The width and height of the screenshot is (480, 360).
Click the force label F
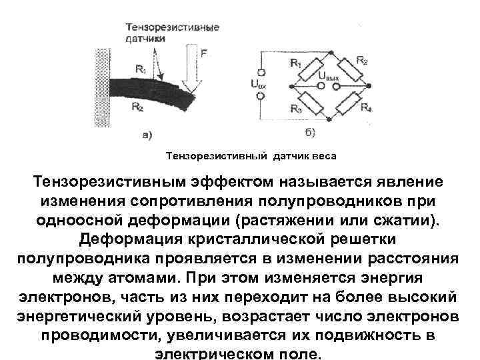click(x=203, y=52)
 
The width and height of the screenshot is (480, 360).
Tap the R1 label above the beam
click(x=141, y=68)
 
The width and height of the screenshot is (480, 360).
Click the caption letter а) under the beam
click(x=148, y=135)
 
